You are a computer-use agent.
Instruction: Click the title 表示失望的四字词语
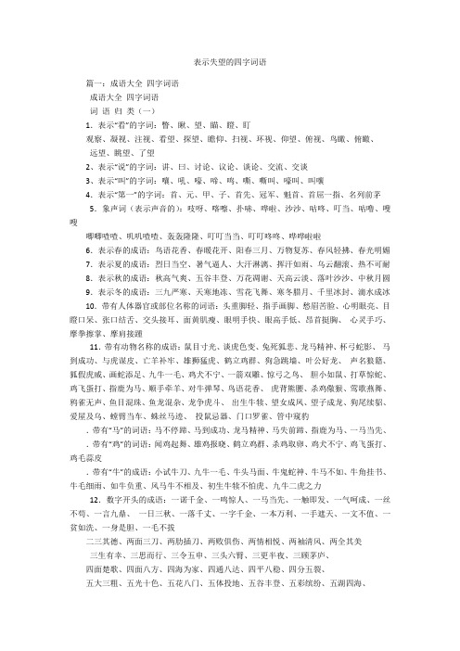click(x=229, y=57)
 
